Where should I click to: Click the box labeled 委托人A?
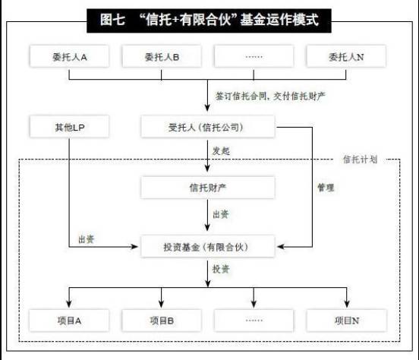click(x=69, y=56)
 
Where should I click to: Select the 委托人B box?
click(x=162, y=56)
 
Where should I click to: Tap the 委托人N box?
click(x=346, y=56)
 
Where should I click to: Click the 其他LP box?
click(x=69, y=127)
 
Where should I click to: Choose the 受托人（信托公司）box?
click(x=208, y=127)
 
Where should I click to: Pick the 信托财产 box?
click(x=208, y=188)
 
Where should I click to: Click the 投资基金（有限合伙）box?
click(x=208, y=246)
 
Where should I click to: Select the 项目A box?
click(x=69, y=321)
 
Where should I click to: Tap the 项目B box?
click(x=162, y=321)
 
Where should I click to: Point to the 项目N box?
click(x=347, y=321)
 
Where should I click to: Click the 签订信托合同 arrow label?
click(x=270, y=96)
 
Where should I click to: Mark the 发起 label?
click(x=221, y=151)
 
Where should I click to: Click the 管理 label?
click(x=326, y=188)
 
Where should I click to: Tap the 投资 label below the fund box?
click(x=221, y=269)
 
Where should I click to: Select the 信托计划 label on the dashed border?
click(x=360, y=159)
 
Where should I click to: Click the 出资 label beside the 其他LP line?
click(x=87, y=239)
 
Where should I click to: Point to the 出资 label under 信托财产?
click(x=221, y=214)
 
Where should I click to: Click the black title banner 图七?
click(x=209, y=21)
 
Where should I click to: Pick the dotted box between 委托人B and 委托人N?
click(x=254, y=56)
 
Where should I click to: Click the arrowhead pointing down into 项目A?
click(x=69, y=304)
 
